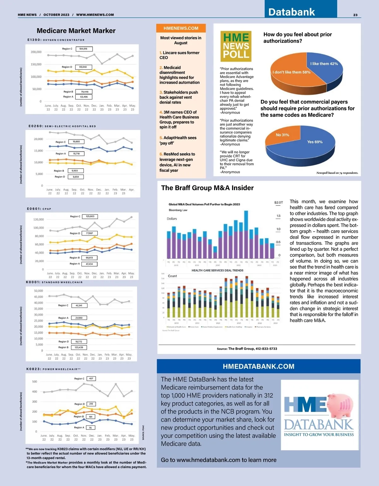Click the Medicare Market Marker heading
point(76,31)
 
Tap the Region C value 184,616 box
point(84,49)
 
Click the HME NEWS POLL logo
point(236,46)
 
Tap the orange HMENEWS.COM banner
point(181,28)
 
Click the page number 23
point(355,15)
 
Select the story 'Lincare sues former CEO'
point(179,55)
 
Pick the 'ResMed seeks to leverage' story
point(177,162)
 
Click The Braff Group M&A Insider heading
point(207,188)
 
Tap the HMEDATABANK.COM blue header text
point(258,366)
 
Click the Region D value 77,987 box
point(90,233)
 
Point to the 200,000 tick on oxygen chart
point(36,52)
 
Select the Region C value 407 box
point(91,378)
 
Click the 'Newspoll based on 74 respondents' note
point(337,173)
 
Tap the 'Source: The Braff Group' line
point(247,349)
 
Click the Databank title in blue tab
point(292,12)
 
